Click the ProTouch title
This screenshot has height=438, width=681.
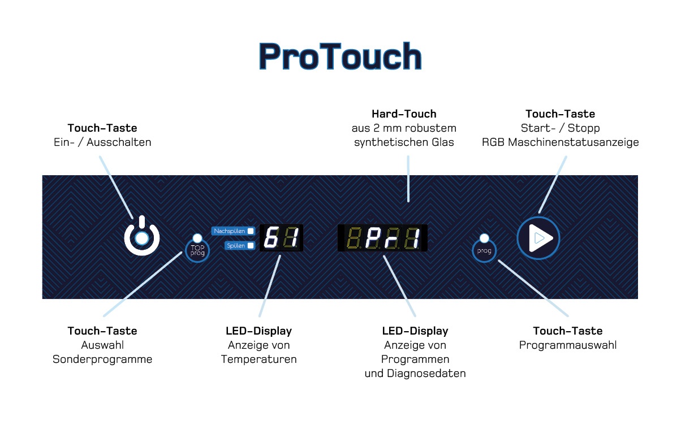(340, 57)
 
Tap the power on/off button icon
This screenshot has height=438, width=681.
(141, 236)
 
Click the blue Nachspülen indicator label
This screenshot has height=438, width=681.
(233, 231)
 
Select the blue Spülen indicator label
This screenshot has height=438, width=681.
(240, 245)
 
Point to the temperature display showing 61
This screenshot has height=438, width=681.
(281, 237)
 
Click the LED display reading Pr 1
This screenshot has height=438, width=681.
(382, 238)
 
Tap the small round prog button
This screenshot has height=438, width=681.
(484, 250)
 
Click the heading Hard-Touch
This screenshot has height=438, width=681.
(404, 114)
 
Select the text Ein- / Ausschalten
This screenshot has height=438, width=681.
(102, 142)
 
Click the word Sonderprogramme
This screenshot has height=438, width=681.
(102, 359)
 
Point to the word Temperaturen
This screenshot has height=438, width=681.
(258, 359)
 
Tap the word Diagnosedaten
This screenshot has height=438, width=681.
(426, 374)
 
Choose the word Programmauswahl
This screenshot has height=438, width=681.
(568, 345)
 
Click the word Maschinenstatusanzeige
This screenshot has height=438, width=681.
(574, 142)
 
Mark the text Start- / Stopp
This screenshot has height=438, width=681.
(561, 128)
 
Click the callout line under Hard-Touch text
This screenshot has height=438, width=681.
(408, 179)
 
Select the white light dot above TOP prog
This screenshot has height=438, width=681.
(197, 238)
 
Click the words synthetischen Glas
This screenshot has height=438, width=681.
(404, 142)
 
